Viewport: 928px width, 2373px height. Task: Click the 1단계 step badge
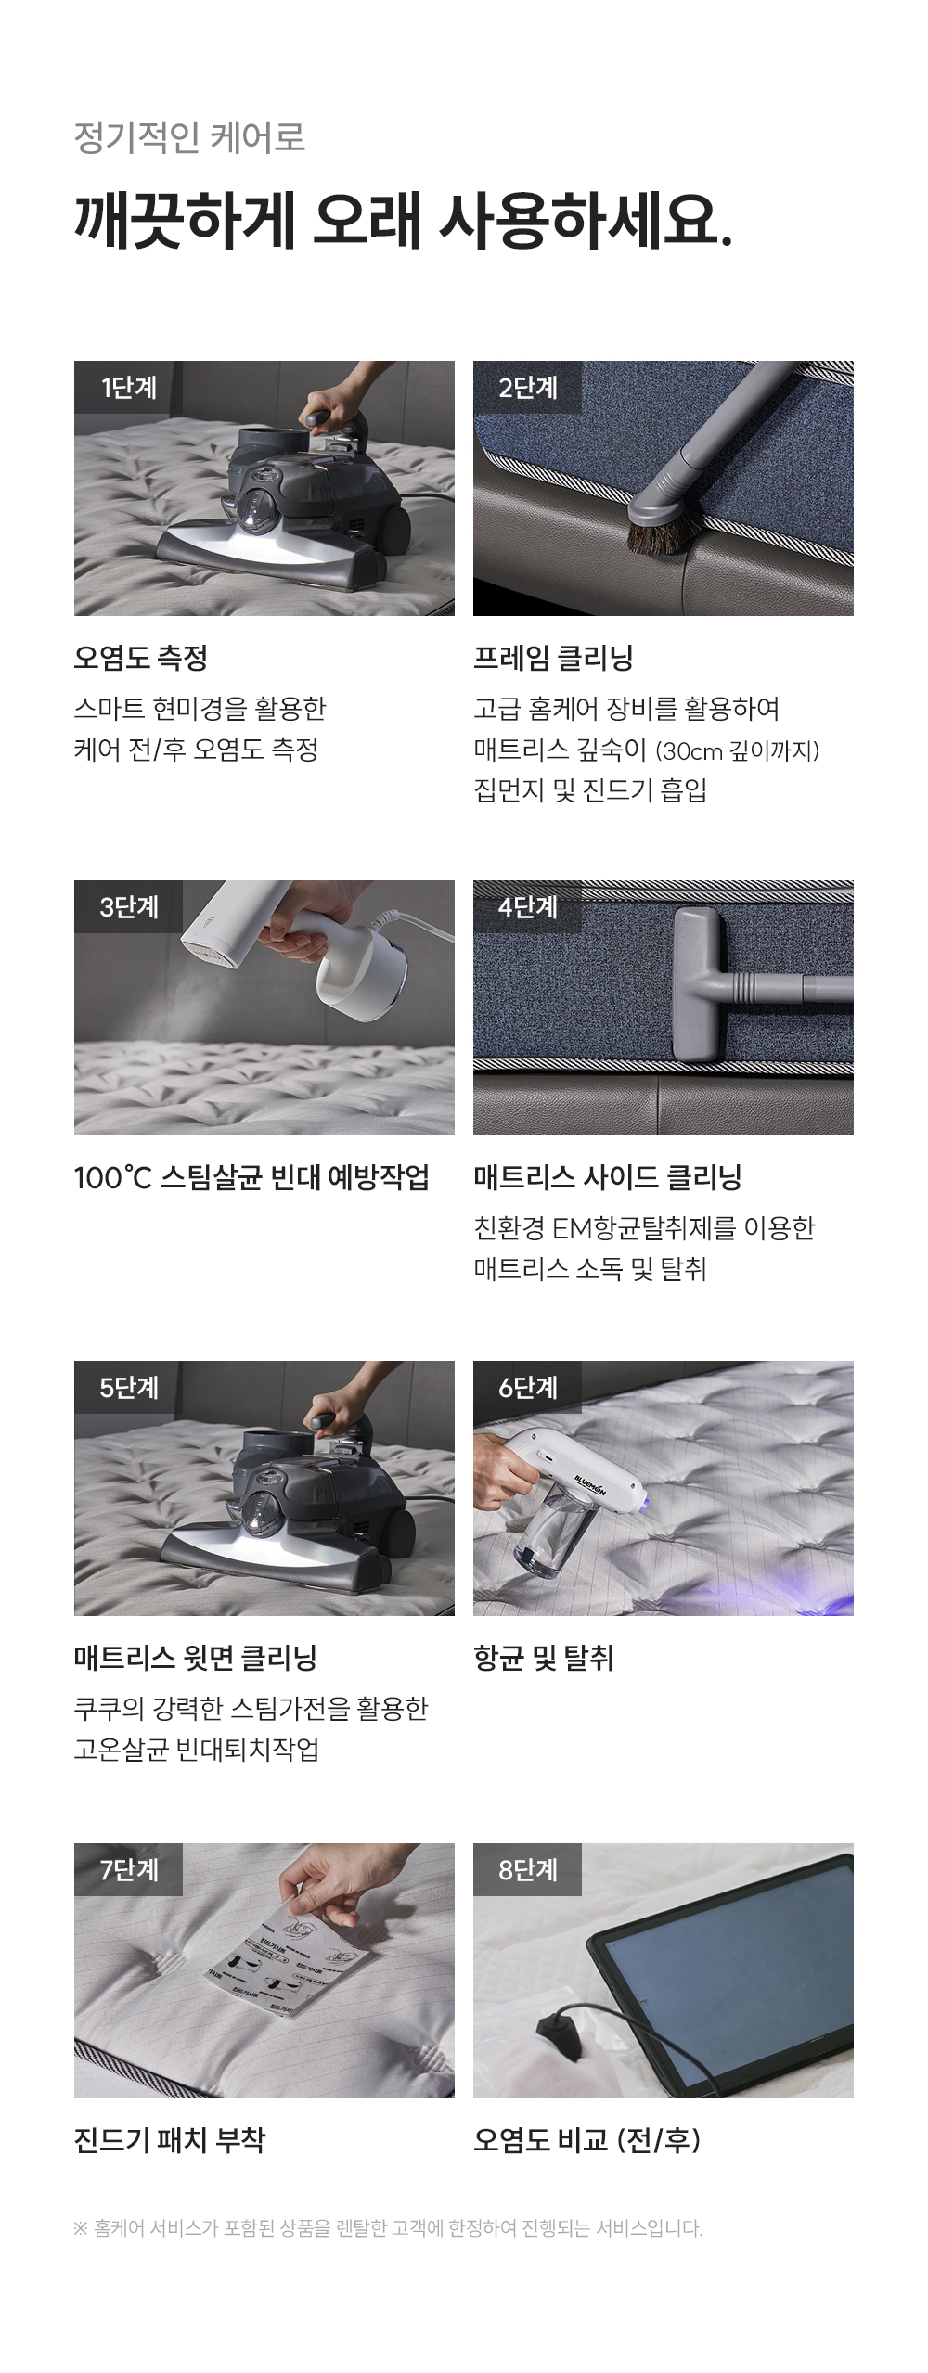tap(128, 387)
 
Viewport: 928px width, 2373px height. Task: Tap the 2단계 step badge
tap(527, 387)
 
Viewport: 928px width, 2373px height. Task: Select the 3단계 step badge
tap(128, 906)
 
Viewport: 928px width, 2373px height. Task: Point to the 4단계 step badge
tap(527, 906)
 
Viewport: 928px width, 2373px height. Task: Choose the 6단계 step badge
tap(527, 1387)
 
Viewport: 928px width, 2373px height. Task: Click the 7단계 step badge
tap(128, 1869)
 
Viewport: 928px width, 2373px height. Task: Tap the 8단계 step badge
tap(527, 1869)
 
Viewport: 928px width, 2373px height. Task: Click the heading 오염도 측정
tap(141, 658)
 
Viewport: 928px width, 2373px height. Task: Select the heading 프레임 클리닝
tap(553, 658)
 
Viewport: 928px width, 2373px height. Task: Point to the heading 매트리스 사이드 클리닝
tap(607, 1177)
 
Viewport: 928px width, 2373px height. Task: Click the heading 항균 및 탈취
tap(544, 1658)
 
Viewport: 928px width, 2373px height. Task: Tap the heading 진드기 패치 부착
tap(170, 2140)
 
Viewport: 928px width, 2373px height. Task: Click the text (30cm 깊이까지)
tap(738, 750)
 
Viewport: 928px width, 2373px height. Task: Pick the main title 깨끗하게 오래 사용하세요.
tap(404, 221)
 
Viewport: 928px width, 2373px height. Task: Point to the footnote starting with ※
tap(388, 2228)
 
